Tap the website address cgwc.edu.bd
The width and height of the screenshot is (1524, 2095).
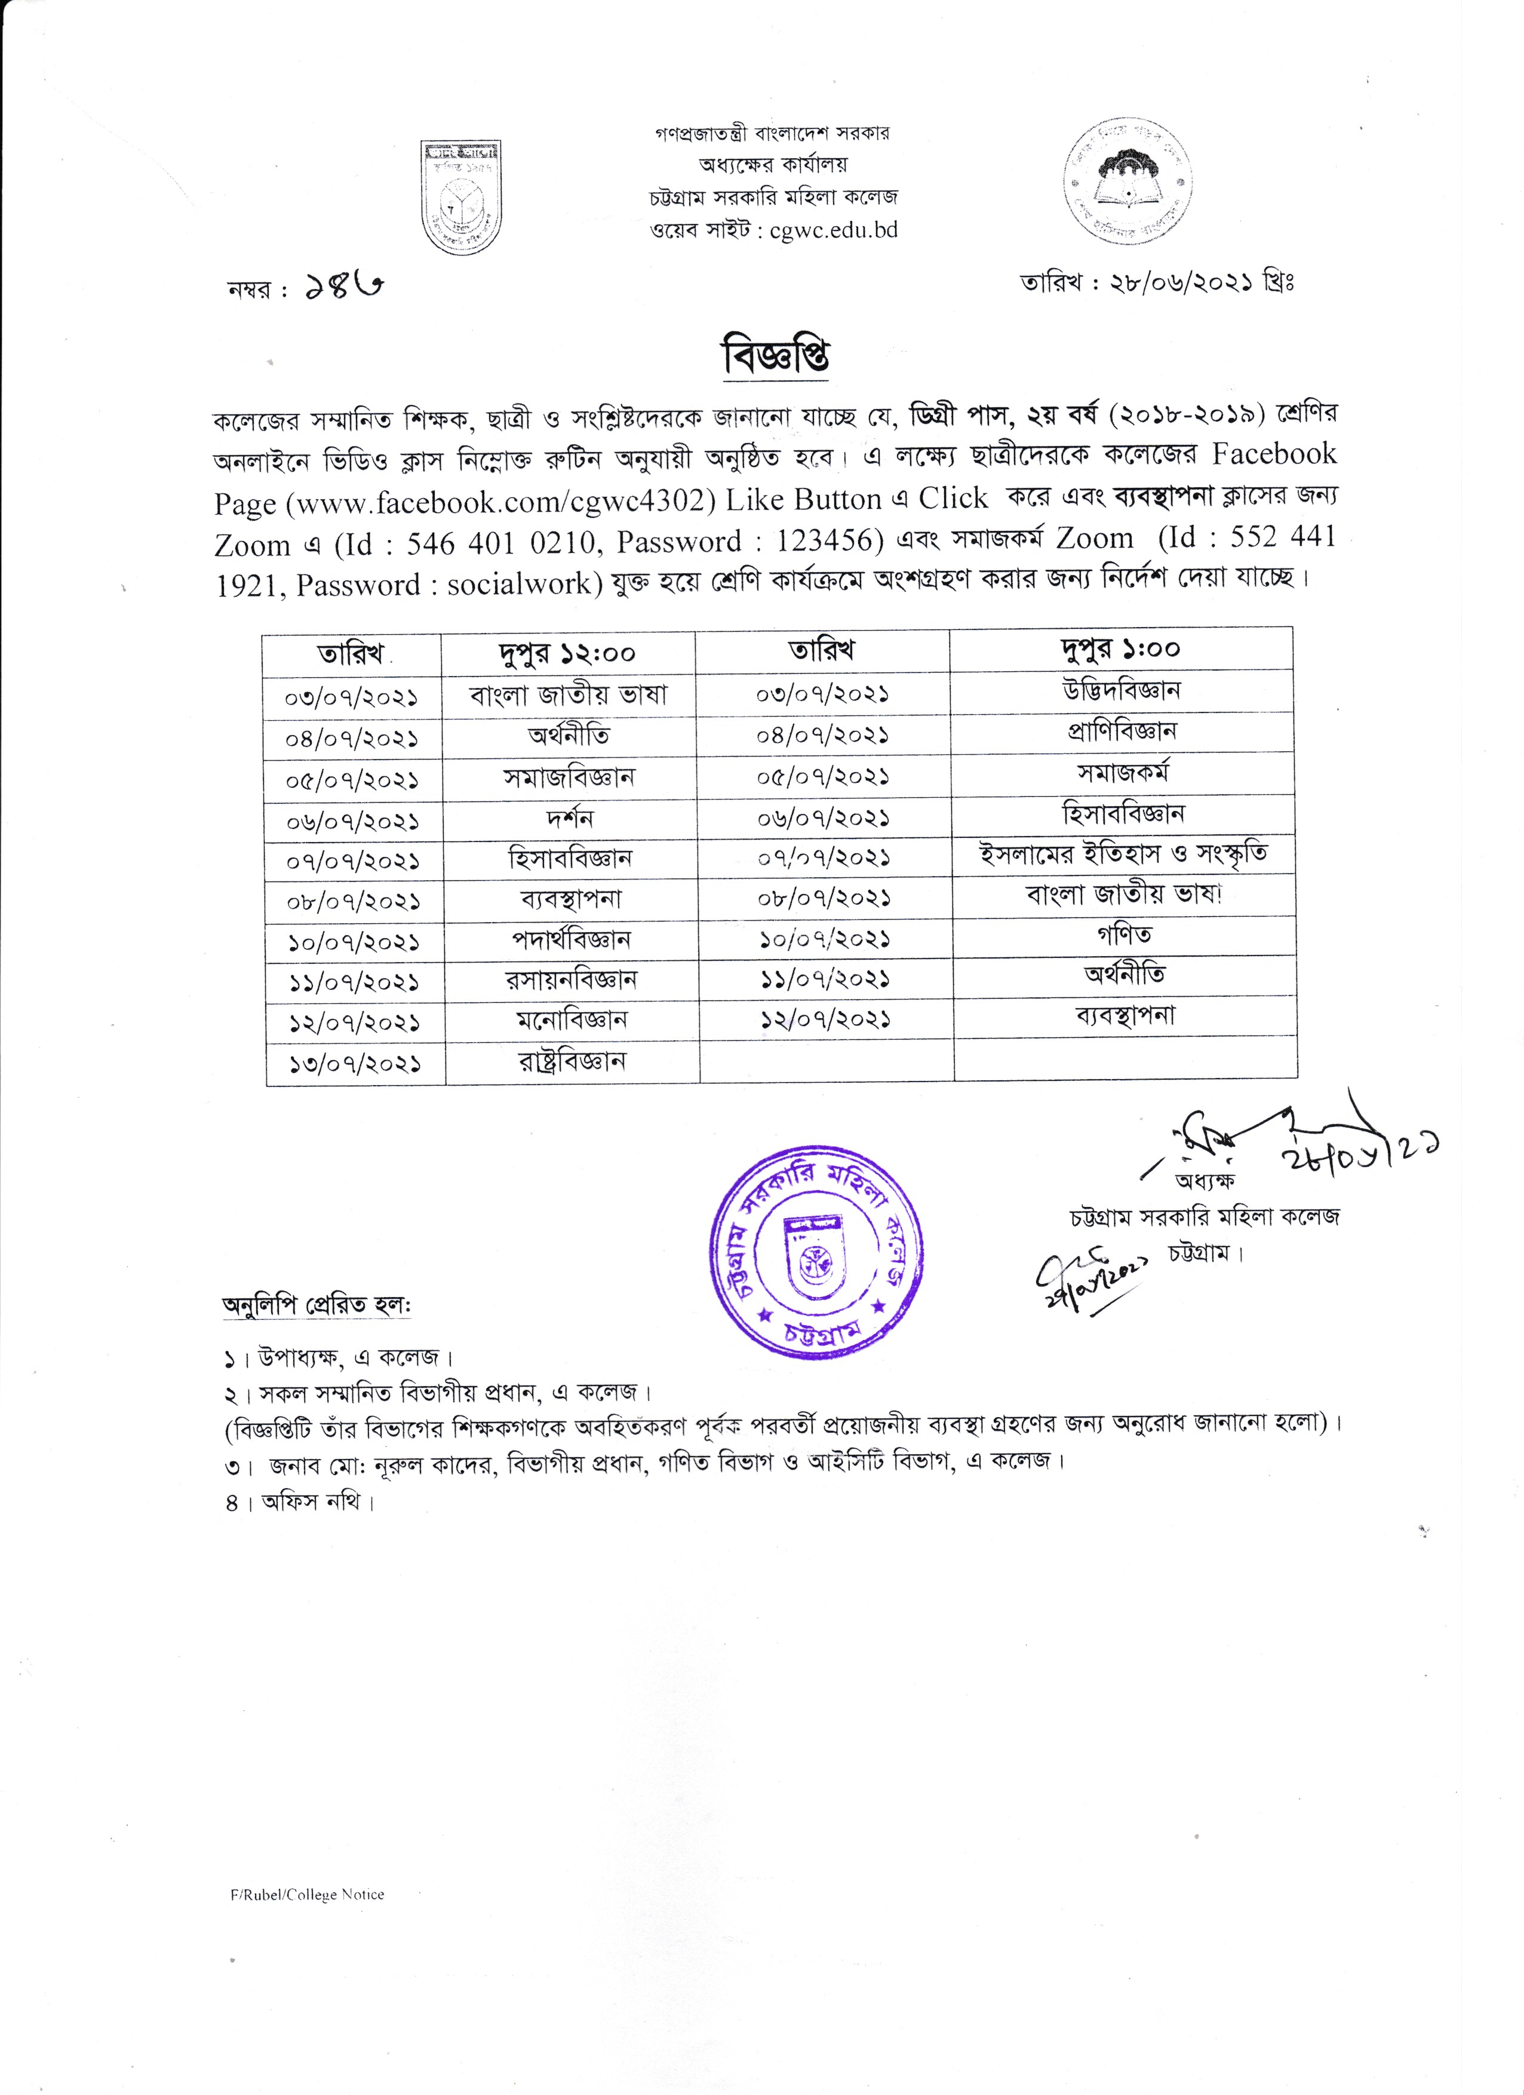(x=833, y=230)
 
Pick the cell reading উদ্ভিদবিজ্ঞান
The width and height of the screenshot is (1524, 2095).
(x=1122, y=690)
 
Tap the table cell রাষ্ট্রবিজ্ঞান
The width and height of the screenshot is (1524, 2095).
(x=571, y=1061)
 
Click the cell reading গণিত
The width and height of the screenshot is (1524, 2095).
(x=1124, y=935)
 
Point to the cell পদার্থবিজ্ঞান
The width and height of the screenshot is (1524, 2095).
(x=571, y=941)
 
